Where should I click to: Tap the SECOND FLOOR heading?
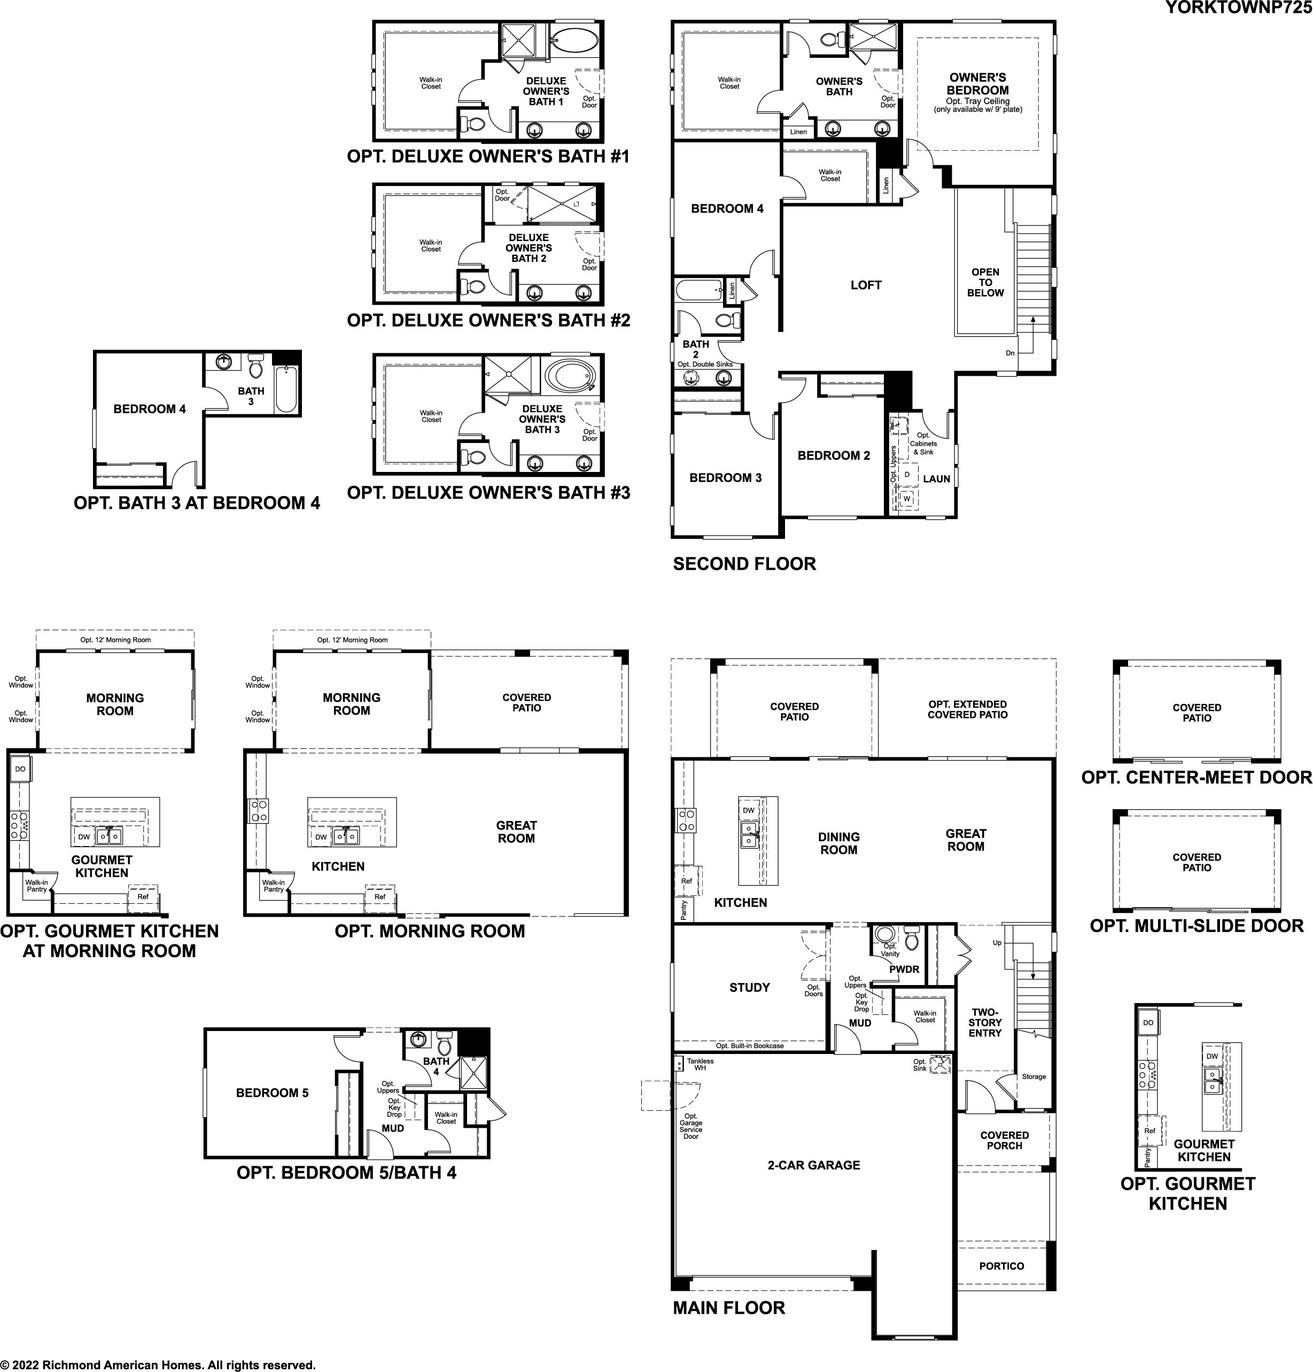[744, 564]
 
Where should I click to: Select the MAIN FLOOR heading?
[728, 1308]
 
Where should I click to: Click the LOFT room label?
[866, 285]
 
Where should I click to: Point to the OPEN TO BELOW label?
[985, 283]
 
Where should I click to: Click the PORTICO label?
[1001, 1266]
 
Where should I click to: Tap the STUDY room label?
[750, 988]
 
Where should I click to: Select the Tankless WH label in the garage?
[700, 1065]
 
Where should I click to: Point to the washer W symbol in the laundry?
[907, 499]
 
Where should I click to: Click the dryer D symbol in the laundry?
[907, 475]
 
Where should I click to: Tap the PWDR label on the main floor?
[904, 970]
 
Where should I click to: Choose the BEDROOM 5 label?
[272, 1092]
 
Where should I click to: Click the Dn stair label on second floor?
[1010, 353]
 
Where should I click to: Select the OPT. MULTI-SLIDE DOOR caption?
[1197, 926]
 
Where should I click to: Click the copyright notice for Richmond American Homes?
[158, 1365]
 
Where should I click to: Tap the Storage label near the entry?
[1034, 1076]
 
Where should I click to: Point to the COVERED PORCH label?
[1004, 1140]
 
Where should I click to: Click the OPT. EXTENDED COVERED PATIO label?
[968, 709]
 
